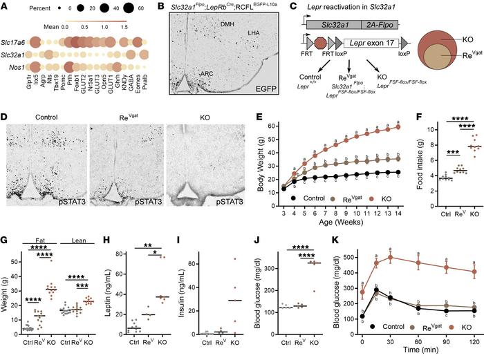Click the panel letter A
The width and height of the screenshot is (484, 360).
pos(5,6)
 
